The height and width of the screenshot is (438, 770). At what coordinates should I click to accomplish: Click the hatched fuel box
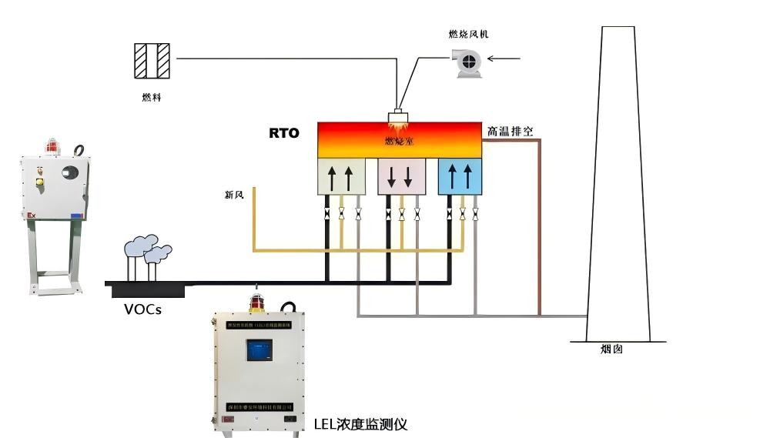152,60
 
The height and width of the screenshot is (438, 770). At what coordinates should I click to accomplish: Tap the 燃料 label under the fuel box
152,98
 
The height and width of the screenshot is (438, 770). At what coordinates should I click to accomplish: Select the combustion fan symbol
467,62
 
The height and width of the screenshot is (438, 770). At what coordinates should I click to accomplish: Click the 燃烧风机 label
468,34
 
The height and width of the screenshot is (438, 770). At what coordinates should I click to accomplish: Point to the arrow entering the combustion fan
505,58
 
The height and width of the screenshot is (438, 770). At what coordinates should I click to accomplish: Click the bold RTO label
283,132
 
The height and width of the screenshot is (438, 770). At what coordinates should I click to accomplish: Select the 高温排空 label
510,131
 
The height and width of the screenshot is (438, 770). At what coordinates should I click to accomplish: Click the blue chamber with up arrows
460,177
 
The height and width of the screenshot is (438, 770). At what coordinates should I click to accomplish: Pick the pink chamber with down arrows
400,177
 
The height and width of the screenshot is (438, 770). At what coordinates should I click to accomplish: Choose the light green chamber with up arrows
340,177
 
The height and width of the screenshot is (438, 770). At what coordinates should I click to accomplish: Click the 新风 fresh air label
234,195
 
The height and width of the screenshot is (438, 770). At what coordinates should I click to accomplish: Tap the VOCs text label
142,310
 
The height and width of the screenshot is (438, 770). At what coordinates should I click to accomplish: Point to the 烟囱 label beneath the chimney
611,349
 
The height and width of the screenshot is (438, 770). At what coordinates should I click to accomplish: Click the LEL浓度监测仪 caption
360,424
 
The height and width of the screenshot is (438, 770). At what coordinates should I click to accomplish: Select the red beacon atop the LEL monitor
256,301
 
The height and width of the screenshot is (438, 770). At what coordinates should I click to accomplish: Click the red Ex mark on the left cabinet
31,216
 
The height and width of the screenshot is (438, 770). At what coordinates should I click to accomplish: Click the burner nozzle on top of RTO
398,119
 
